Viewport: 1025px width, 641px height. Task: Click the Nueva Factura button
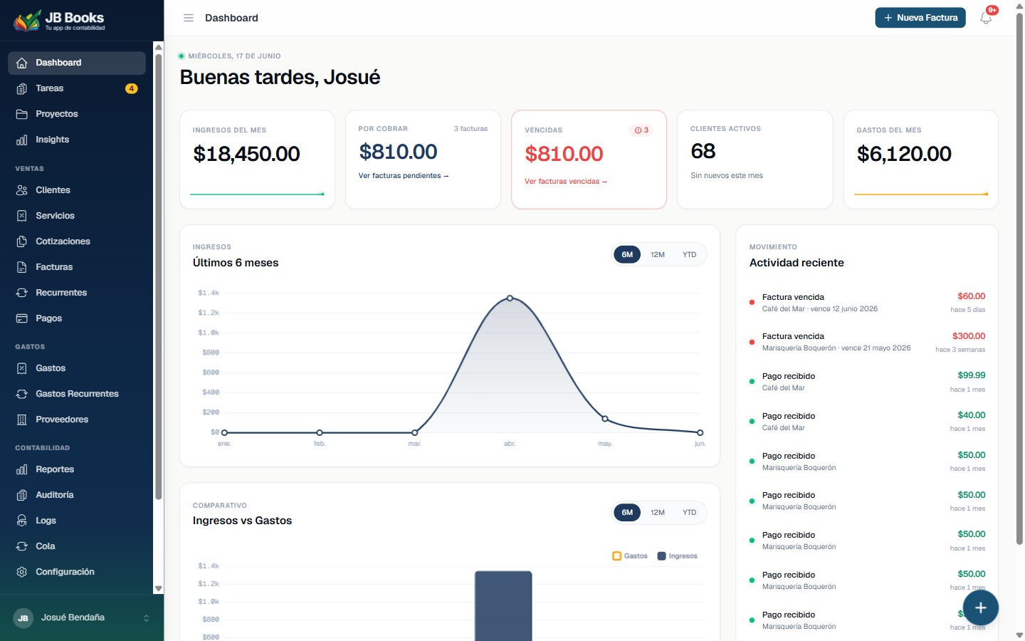[920, 18]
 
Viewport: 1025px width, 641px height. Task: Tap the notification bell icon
[986, 18]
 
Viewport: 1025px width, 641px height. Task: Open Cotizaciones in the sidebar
[63, 241]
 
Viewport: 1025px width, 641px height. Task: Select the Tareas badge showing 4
[131, 88]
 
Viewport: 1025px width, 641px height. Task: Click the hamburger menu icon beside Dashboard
[189, 18]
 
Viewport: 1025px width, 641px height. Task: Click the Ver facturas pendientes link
[403, 176]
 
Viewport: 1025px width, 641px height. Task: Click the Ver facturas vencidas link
[566, 182]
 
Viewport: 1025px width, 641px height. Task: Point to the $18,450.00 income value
[246, 154]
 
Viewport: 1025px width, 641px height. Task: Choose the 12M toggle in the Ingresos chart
[658, 254]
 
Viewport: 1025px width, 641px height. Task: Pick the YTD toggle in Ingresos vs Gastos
[689, 512]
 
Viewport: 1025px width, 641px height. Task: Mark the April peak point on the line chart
[510, 298]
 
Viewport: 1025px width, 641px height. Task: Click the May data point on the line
[605, 419]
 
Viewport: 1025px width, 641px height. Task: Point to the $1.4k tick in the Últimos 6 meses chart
[208, 293]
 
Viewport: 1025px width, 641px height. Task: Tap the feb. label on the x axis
[320, 444]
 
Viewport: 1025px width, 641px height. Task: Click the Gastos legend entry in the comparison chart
[630, 556]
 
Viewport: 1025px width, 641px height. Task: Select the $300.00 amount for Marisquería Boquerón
[969, 336]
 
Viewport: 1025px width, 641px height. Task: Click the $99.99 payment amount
[972, 375]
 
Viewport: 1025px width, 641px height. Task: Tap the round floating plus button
[981, 608]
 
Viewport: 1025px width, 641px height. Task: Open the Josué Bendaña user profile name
[73, 617]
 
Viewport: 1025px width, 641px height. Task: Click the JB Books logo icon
[26, 21]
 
